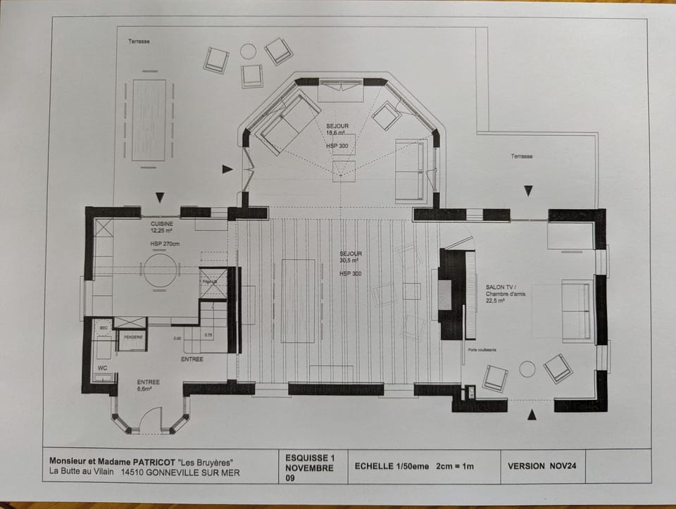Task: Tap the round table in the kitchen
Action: coord(161,270)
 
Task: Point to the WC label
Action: coord(102,368)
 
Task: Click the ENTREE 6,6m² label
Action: coord(148,385)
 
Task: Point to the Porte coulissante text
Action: coord(482,350)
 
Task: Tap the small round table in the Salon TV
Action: coord(527,369)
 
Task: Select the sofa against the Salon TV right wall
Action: coord(576,311)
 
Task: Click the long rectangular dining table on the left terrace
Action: coord(149,120)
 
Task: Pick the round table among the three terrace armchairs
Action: coord(248,51)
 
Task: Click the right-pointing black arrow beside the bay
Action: coord(227,169)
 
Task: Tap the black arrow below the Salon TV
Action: coord(532,415)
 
